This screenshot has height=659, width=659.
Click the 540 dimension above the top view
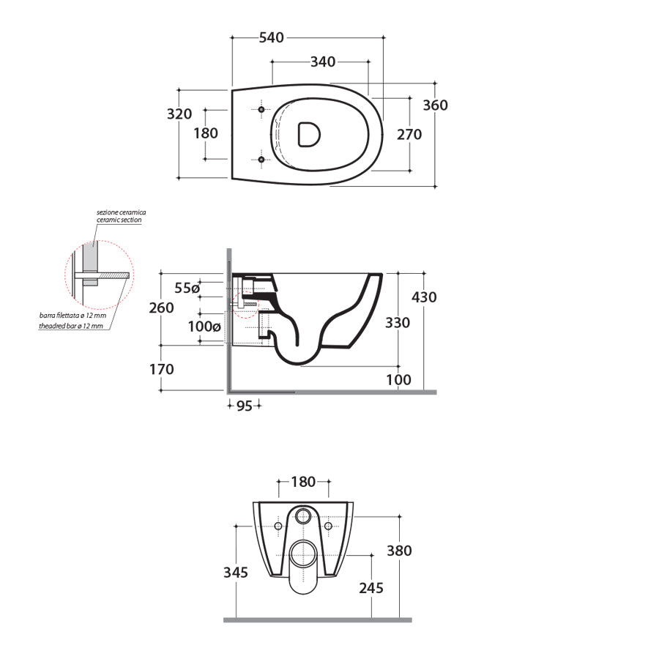(271, 37)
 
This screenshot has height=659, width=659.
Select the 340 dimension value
(323, 62)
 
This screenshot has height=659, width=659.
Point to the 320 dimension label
(179, 114)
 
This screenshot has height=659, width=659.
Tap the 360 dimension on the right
(435, 105)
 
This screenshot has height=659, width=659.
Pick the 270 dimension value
(409, 134)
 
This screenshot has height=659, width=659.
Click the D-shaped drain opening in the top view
(308, 133)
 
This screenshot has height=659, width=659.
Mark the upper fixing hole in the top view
(261, 109)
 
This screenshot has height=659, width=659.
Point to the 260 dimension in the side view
(162, 308)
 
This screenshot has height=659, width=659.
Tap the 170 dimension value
(162, 369)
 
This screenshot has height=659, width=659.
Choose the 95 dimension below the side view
(244, 406)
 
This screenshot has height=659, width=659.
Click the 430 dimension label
(423, 297)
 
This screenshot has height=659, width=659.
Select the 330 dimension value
(398, 323)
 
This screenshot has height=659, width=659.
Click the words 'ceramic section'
(119, 220)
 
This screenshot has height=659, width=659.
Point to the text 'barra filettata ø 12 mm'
(72, 316)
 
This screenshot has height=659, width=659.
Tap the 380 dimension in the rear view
(399, 551)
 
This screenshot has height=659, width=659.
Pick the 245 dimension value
(371, 587)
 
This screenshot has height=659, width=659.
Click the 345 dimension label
(236, 572)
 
